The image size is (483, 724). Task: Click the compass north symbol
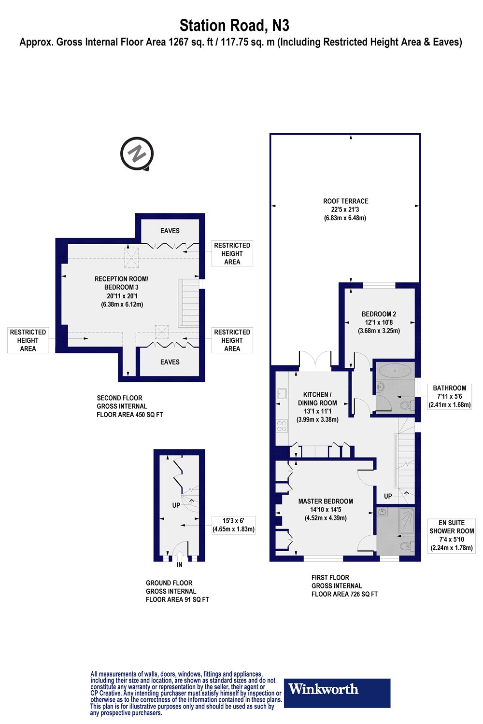point(137,154)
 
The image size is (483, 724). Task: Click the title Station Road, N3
point(235,25)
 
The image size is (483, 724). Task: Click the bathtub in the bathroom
point(396,371)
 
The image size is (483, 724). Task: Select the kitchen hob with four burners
point(282,425)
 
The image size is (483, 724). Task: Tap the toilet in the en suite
point(406,547)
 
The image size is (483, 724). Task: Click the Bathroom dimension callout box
point(450,396)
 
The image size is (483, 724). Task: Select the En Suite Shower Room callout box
point(452,535)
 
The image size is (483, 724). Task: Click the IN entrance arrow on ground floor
point(179,550)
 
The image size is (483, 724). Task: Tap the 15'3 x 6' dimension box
point(233,525)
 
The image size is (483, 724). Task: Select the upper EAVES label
point(170,231)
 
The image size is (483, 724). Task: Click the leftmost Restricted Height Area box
point(28,340)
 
